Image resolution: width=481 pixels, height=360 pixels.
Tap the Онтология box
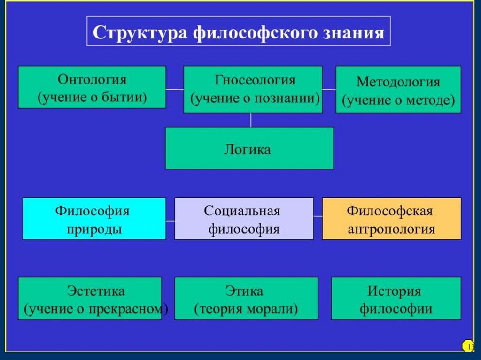[92, 87]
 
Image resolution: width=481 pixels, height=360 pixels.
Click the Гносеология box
[253, 89]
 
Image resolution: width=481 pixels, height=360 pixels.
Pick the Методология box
[398, 89]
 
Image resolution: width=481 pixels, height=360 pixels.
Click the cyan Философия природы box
[94, 219]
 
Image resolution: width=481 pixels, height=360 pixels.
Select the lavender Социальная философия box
[244, 219]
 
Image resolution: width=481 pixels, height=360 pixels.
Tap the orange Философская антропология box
[391, 219]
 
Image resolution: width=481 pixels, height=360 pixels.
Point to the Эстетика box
[90, 299]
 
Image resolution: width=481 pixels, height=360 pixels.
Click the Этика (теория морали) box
[246, 299]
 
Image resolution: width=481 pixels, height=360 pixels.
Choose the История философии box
[396, 299]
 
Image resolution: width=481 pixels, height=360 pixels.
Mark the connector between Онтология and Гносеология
[174, 89]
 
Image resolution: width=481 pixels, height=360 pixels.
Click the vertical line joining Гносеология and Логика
[251, 120]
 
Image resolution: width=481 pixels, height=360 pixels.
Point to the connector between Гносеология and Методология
[329, 89]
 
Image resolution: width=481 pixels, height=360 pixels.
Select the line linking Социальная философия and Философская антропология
[318, 216]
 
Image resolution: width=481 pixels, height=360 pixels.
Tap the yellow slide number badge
[468, 346]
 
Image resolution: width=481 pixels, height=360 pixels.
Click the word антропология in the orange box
[391, 230]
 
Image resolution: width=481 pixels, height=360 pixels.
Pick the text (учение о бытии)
[92, 98]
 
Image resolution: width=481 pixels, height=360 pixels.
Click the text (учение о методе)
[398, 100]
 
